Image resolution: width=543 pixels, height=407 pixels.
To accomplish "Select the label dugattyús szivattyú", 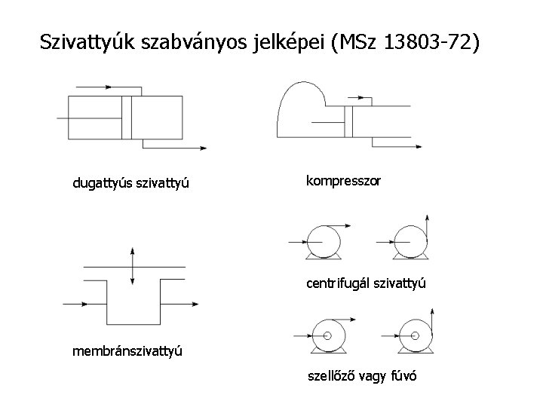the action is tap(130, 182).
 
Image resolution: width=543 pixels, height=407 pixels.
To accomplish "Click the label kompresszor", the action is tap(343, 181).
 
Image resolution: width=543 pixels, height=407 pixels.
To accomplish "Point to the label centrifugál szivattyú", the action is tap(367, 284).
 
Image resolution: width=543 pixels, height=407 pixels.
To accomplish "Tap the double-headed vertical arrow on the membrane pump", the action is tap(133, 266).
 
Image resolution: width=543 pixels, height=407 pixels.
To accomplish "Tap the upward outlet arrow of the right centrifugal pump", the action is tap(428, 220).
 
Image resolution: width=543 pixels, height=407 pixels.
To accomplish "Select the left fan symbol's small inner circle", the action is tap(327, 335).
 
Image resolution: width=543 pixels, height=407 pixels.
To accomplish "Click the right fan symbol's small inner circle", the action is tap(416, 335).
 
